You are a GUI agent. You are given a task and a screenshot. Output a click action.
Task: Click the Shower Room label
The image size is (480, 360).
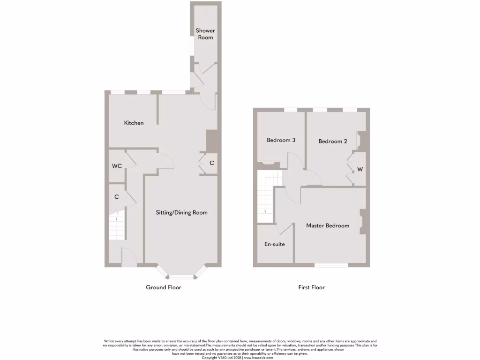tap(205, 34)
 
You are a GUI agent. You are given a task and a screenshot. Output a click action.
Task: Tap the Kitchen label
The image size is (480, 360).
tap(134, 123)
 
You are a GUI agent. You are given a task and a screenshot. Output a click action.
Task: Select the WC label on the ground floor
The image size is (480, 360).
tap(117, 166)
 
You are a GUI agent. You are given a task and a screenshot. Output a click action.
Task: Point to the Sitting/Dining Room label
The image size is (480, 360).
tap(181, 212)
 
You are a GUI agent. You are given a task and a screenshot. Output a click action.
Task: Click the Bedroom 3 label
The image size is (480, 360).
tap(281, 140)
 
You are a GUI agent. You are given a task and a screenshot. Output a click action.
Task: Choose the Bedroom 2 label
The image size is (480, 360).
tap(332, 141)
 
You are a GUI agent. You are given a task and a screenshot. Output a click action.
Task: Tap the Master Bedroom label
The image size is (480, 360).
tap(328, 225)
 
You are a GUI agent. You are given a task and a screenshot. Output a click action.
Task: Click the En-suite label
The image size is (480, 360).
tap(275, 244)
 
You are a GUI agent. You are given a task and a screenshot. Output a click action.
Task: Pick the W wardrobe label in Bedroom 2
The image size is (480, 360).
tap(360, 169)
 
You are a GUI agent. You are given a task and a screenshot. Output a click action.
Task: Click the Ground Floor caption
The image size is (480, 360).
tap(164, 287)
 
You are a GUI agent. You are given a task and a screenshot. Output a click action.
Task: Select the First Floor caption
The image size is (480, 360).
tap(311, 287)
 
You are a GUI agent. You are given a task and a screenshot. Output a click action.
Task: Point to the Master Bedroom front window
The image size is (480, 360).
tap(331, 265)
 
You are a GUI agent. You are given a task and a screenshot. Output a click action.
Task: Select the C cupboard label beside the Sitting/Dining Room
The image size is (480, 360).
tap(211, 163)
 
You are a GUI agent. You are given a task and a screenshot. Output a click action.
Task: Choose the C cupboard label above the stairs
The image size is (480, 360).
tap(117, 197)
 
